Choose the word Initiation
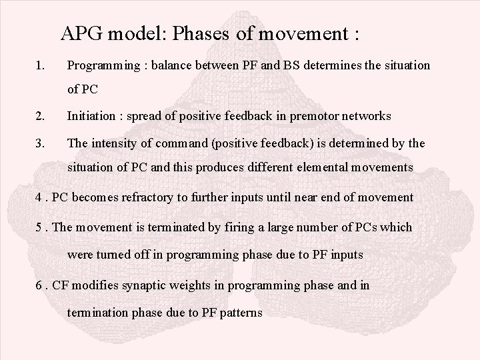pos(89,116)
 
